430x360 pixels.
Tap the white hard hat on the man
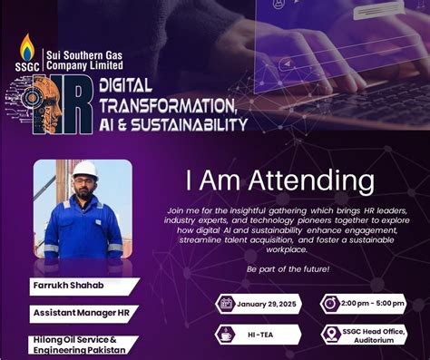[x=85, y=170]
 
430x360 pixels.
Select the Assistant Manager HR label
[x=79, y=315]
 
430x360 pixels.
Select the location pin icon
[x=331, y=335]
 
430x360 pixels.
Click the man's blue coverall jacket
[x=83, y=231]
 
